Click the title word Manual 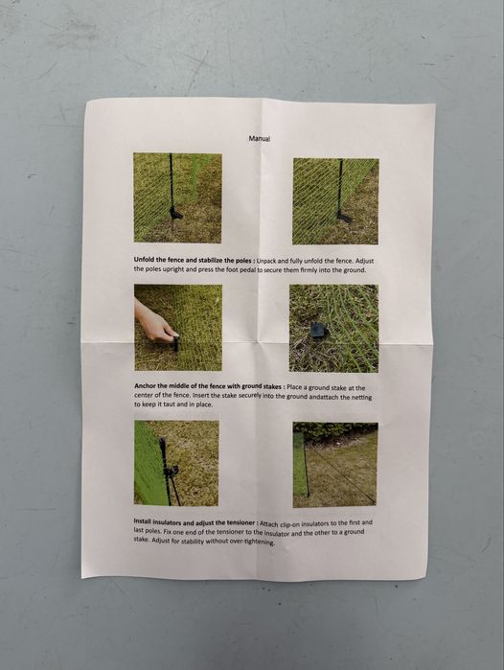point(260,138)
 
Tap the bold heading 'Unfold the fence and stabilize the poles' point(193,260)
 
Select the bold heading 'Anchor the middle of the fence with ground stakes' point(208,386)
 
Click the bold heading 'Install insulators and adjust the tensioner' point(195,522)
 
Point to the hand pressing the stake point(153,323)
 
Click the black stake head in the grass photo point(318,330)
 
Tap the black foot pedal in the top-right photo point(344,218)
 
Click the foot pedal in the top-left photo point(175,213)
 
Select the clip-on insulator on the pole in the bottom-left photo point(172,472)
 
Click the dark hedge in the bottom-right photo point(335,432)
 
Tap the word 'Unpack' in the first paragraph point(266,261)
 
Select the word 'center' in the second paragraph point(143,395)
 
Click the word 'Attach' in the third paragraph point(269,524)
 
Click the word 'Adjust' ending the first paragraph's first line point(365,261)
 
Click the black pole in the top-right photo point(340,187)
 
